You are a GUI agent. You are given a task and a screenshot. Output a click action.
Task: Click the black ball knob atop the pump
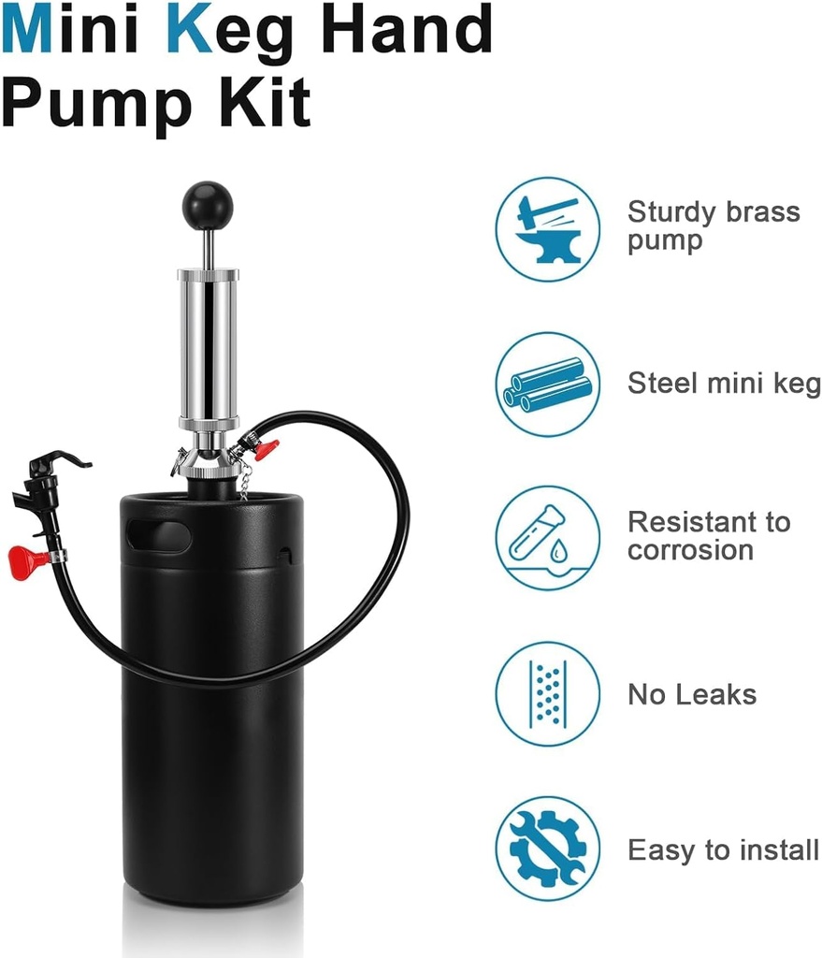(207, 202)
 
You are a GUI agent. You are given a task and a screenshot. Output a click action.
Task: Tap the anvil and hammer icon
(547, 229)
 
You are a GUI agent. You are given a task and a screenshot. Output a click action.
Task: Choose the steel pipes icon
(547, 384)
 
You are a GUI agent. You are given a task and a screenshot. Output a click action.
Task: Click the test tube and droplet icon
(547, 538)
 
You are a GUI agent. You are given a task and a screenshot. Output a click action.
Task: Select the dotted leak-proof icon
(547, 693)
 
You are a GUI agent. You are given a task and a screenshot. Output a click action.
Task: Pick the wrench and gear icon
(547, 849)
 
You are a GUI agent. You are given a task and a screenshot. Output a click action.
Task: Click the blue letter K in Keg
(185, 30)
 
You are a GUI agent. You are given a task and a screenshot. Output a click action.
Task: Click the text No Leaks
(691, 694)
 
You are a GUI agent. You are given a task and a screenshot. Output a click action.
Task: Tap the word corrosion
(690, 550)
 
